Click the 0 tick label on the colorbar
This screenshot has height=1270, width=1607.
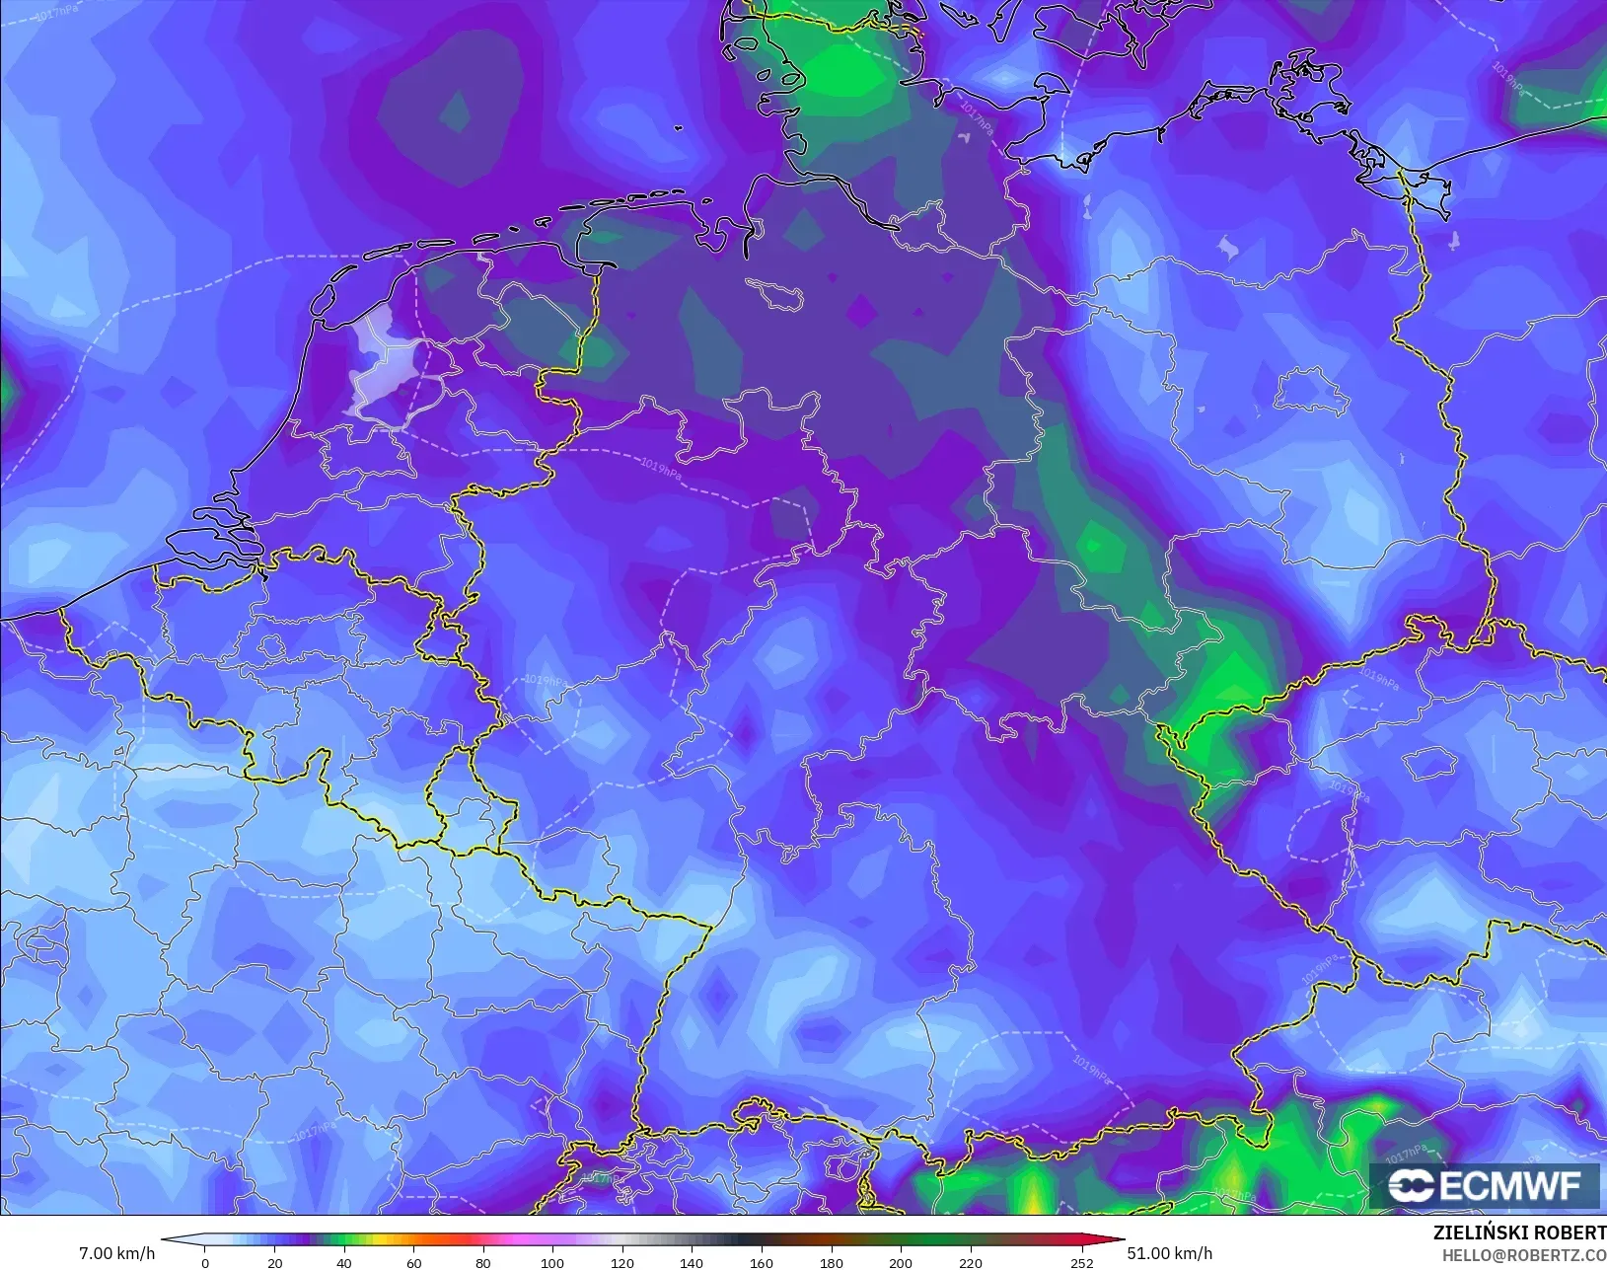pos(205,1263)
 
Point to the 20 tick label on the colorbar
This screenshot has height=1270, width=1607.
pos(274,1263)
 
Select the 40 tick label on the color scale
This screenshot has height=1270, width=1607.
pos(343,1263)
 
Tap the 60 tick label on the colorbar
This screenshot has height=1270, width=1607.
pos(413,1263)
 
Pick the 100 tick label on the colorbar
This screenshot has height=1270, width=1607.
pos(552,1263)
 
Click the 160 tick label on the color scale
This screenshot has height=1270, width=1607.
pos(761,1263)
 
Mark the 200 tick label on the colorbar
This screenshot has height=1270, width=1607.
pos(900,1263)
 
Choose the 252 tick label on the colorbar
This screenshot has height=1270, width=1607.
pos(1082,1263)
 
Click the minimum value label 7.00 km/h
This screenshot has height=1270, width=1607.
pos(116,1253)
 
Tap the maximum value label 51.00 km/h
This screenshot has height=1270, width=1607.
pos(1169,1253)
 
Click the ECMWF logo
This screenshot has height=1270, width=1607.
pos(1484,1185)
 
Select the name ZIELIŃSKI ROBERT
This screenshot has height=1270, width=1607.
pos(1519,1233)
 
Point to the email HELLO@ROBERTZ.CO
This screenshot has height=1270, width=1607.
pos(1524,1255)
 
